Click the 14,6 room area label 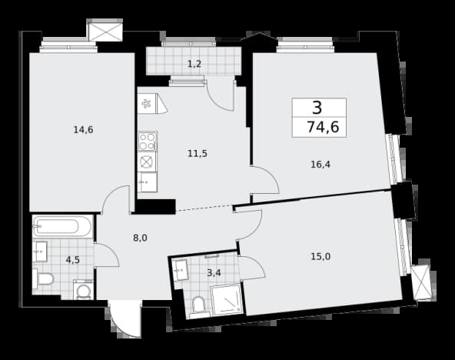pos(83,130)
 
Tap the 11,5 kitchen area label pos(198,153)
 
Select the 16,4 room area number pos(320,165)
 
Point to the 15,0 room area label pos(320,257)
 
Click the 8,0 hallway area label pos(140,238)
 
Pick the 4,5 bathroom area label pos(72,260)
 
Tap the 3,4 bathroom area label pos(214,273)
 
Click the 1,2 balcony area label pos(194,64)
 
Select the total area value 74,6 pos(323,127)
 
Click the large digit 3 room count pos(317,108)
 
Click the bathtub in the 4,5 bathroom pos(62,226)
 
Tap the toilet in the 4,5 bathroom pos(43,279)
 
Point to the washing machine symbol pos(84,290)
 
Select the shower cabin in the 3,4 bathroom pos(226,299)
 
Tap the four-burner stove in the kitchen pos(148,141)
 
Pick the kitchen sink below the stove pos(148,182)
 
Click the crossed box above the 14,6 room pos(105,31)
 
